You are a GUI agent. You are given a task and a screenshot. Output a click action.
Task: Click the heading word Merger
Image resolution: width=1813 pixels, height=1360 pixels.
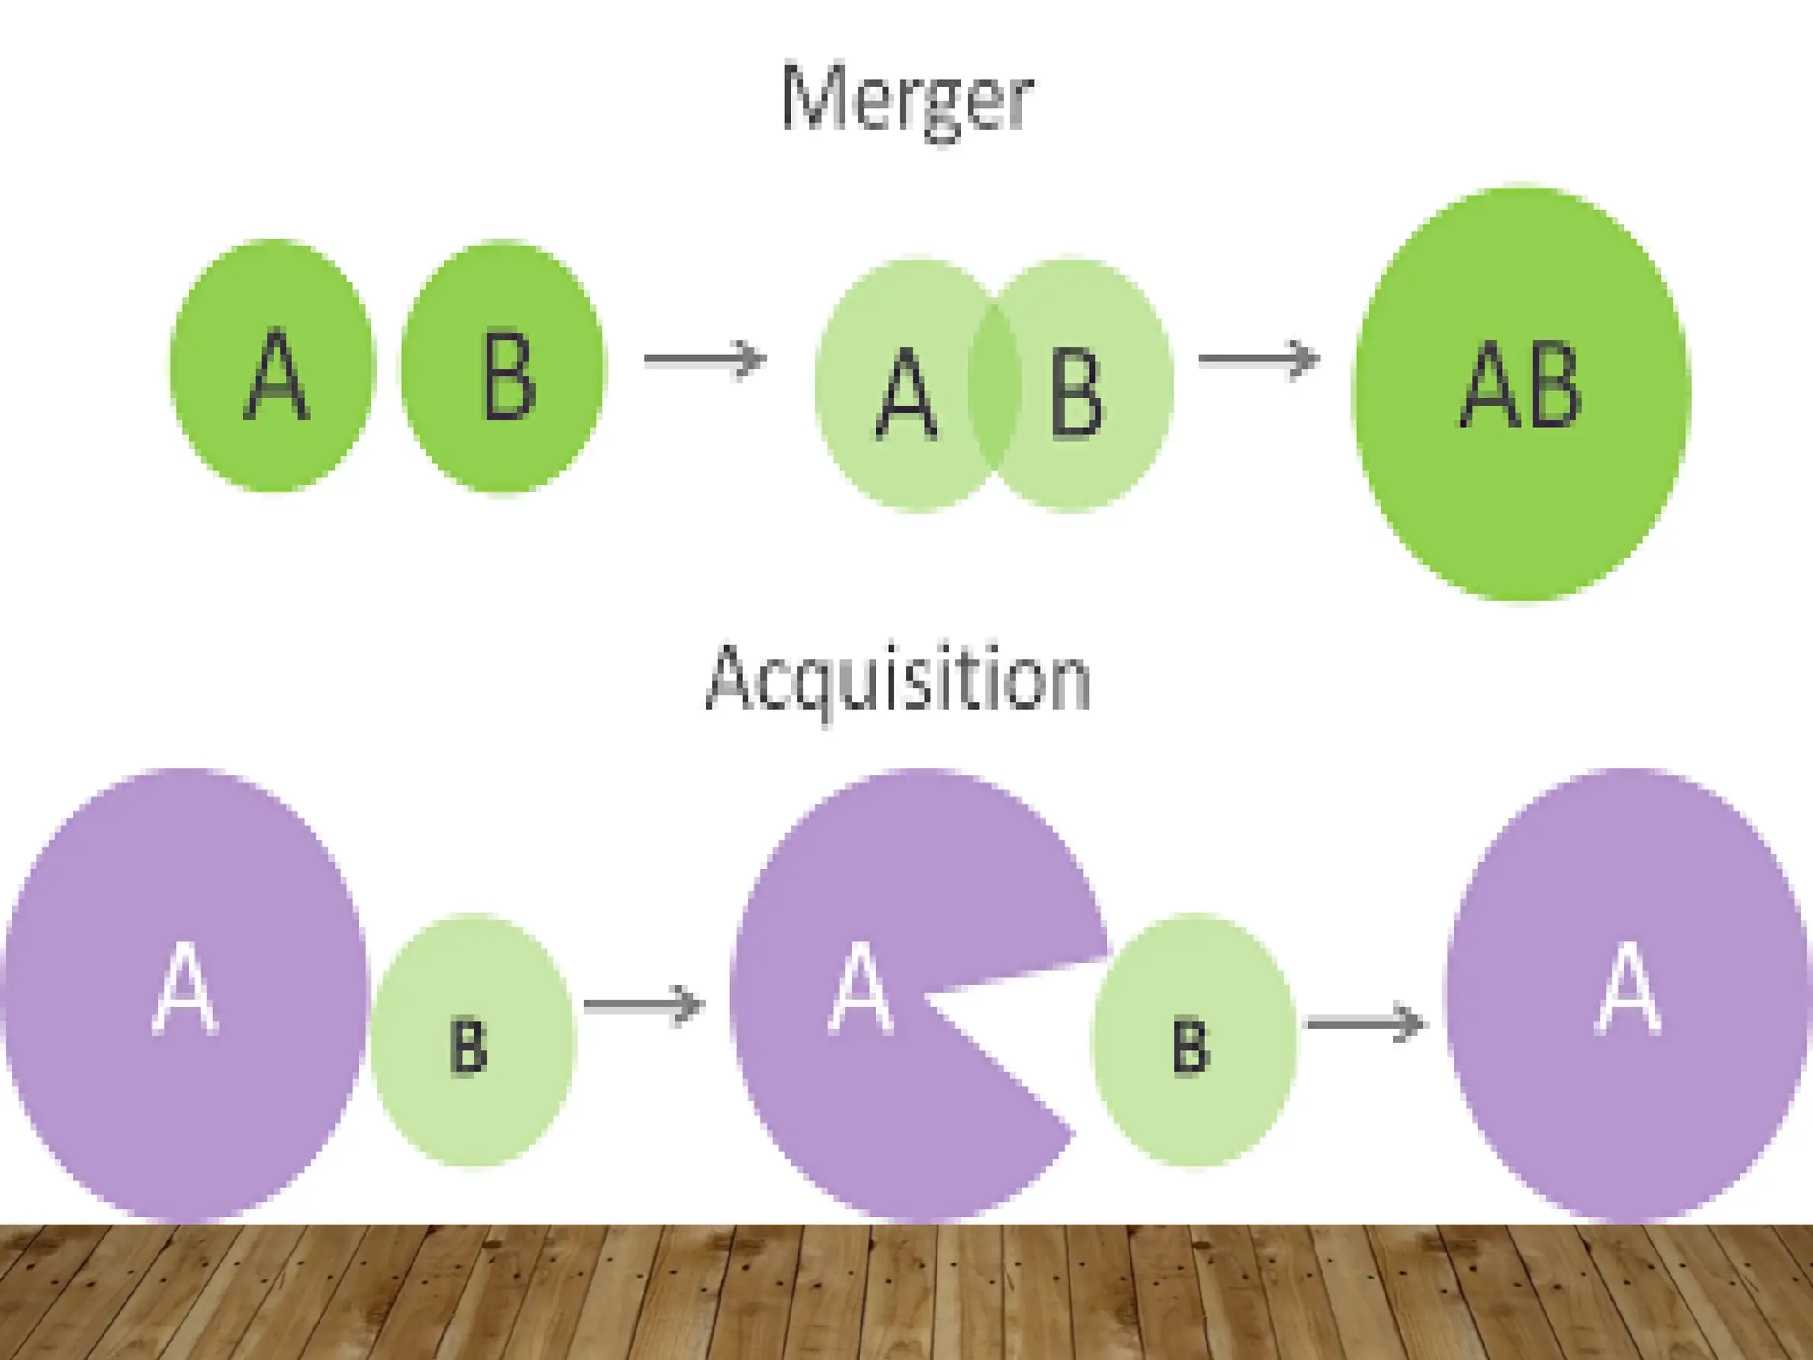coord(906,99)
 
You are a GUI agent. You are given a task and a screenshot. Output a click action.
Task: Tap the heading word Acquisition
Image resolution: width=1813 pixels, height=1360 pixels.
coord(898,679)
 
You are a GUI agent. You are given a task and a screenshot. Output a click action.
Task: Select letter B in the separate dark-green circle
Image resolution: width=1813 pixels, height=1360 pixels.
coord(508,375)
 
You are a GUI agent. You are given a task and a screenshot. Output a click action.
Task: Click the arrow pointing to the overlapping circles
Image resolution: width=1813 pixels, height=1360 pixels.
coord(705,359)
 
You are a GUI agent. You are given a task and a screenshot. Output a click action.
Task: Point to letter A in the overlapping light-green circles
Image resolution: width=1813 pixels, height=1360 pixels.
coord(906,394)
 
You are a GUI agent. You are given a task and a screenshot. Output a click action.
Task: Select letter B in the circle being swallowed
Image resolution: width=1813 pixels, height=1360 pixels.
coord(1191,1047)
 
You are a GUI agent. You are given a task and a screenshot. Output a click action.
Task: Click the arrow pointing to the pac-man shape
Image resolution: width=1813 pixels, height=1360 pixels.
coord(644,1005)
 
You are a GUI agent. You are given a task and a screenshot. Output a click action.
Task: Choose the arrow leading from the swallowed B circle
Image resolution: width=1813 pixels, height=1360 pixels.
coord(1366,1023)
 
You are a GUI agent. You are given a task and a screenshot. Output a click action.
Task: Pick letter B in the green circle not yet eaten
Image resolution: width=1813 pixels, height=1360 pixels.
coord(468,1047)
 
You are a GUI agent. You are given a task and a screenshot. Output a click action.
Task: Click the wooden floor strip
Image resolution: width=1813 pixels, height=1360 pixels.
coord(906,1293)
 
